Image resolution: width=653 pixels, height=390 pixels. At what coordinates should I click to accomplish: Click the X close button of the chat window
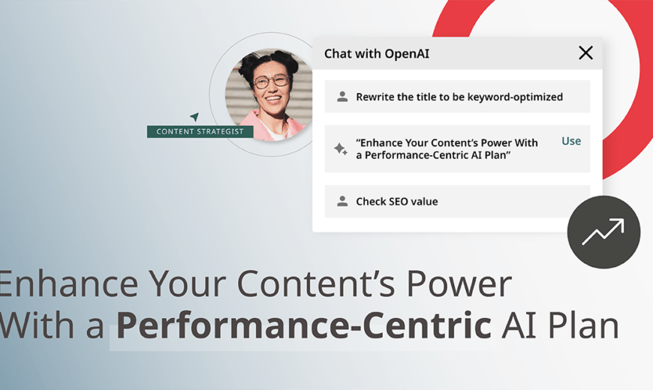click(585, 52)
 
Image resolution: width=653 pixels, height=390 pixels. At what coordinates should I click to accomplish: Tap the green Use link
click(571, 141)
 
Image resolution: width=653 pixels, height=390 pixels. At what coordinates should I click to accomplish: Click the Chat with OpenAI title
click(377, 54)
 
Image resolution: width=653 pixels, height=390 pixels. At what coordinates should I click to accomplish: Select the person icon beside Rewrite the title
click(342, 97)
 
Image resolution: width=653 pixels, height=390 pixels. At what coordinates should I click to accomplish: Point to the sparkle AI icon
click(340, 148)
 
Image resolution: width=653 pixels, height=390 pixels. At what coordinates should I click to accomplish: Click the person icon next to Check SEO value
click(342, 202)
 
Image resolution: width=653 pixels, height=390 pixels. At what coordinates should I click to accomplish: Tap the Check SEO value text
click(397, 202)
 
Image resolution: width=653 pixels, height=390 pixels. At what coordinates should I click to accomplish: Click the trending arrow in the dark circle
click(603, 232)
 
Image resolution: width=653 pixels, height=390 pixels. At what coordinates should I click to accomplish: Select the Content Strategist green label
click(200, 131)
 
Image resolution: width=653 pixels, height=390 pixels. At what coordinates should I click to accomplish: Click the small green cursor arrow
click(194, 116)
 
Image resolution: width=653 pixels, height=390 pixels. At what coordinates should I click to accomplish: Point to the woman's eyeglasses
click(272, 81)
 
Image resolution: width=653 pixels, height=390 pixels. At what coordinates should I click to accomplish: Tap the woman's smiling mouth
click(274, 99)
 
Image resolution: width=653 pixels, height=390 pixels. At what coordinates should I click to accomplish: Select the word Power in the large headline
click(459, 283)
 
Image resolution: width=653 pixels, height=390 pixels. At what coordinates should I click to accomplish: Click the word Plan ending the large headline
click(583, 325)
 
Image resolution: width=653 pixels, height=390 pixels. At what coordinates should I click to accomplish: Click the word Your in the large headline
click(188, 283)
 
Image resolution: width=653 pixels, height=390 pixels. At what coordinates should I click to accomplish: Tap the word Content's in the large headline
click(316, 283)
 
